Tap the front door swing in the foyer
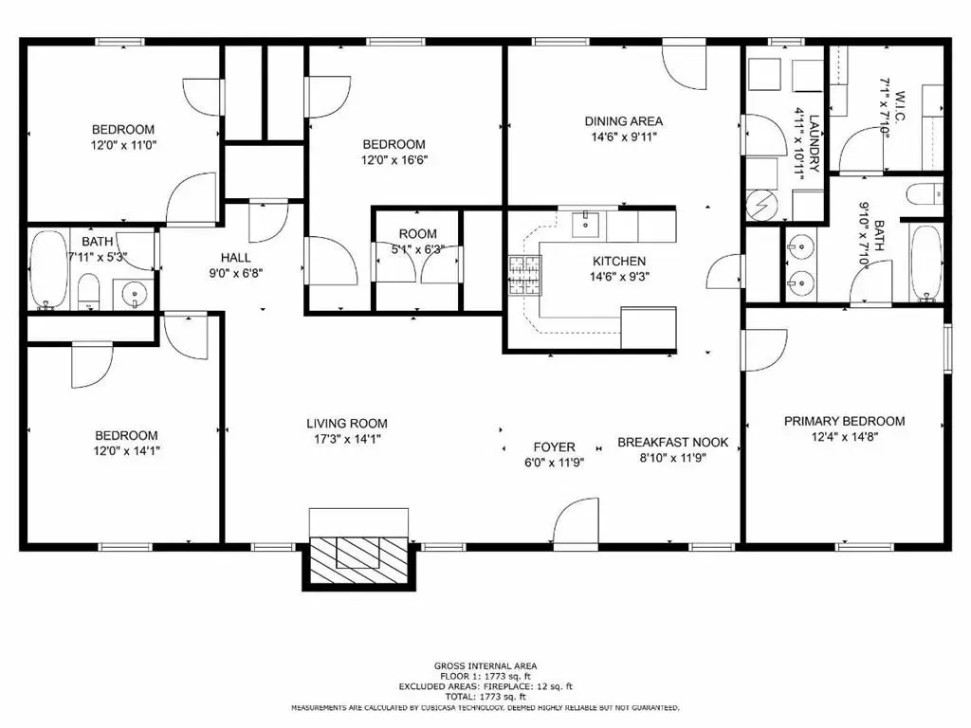[x=575, y=523]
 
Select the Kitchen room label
[x=619, y=262]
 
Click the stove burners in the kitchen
[x=523, y=275]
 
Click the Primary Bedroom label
[x=844, y=421]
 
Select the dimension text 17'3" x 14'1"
[x=346, y=439]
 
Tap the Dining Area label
[x=623, y=121]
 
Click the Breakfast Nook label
[x=672, y=442]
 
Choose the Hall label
[x=235, y=257]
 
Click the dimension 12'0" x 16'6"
[x=394, y=159]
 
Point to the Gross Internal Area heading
[x=485, y=666]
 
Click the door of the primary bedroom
[x=764, y=349]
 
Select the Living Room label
[x=346, y=424]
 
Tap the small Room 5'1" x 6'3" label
[x=417, y=234]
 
